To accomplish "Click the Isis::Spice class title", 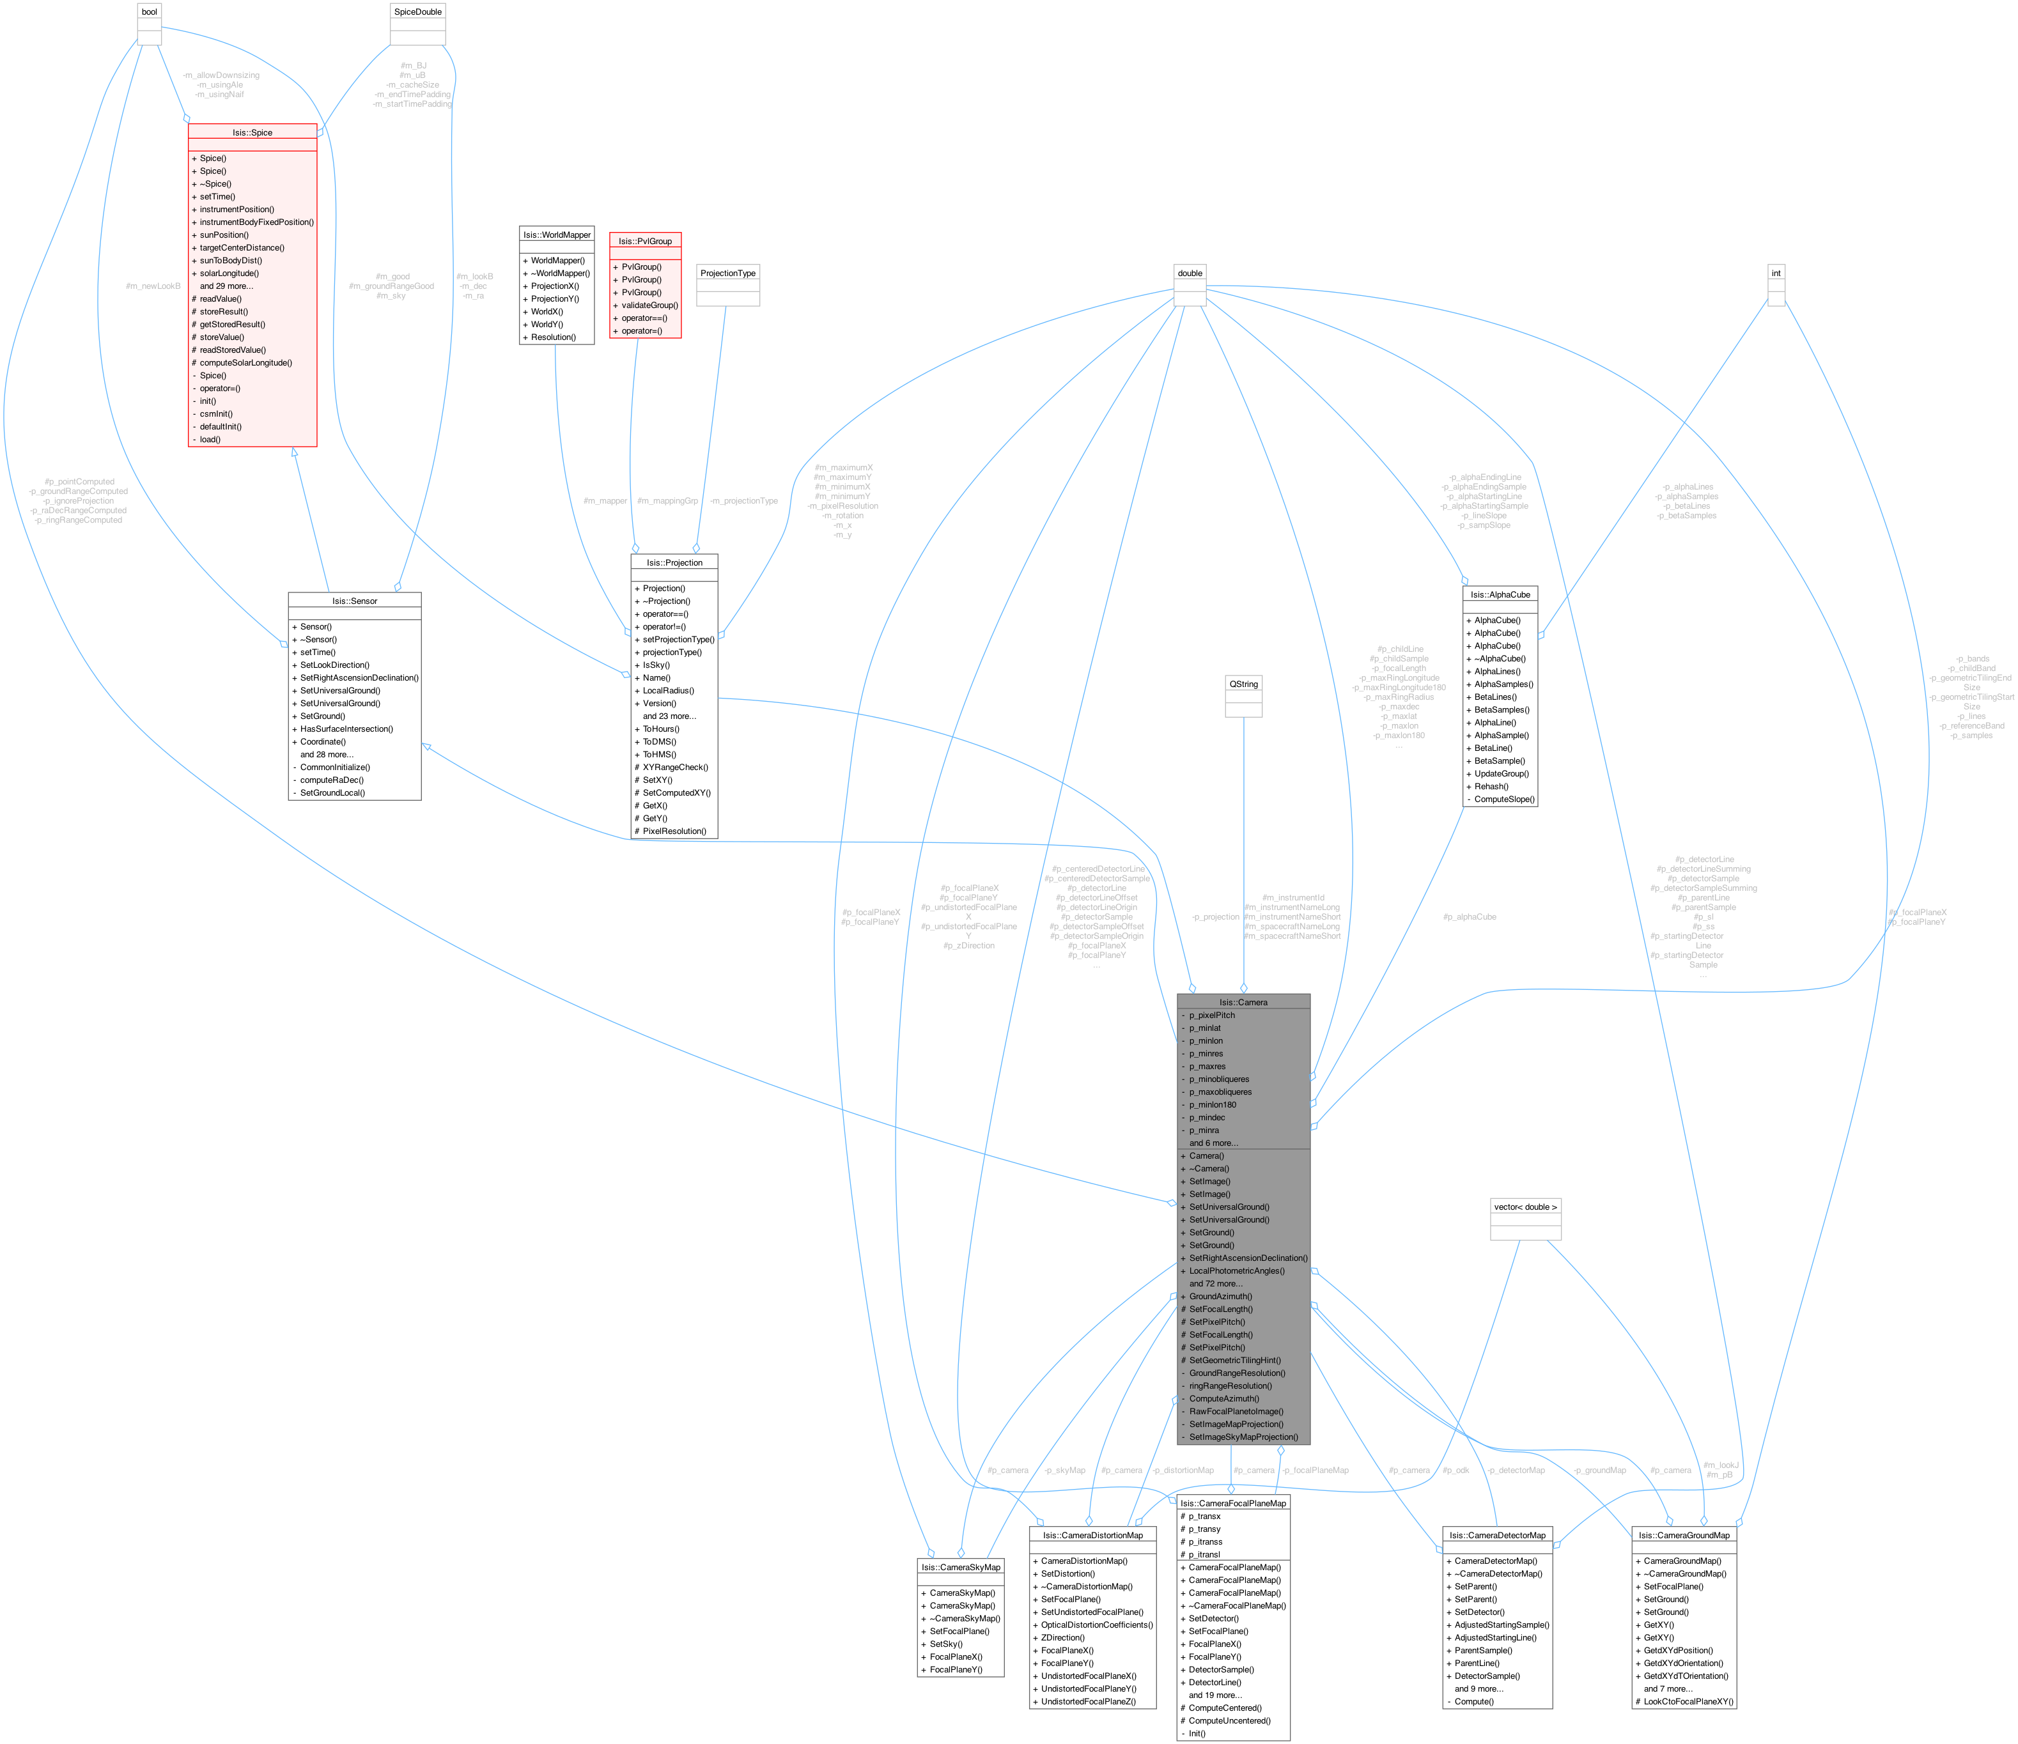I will coord(252,132).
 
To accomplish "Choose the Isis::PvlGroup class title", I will coord(645,240).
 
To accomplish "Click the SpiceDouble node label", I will coord(418,12).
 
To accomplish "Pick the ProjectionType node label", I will coord(727,274).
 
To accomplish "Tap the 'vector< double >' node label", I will coord(1525,1207).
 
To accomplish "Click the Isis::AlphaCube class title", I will coord(1500,594).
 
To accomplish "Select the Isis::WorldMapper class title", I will coord(556,235).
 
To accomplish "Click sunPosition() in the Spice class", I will coord(224,235).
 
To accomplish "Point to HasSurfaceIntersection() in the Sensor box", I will coord(346,729).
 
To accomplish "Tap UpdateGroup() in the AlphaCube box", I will coord(1501,773).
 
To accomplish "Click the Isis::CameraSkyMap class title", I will coord(960,1567).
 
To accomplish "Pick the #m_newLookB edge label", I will coord(153,286).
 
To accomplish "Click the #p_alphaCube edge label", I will coord(1470,917).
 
